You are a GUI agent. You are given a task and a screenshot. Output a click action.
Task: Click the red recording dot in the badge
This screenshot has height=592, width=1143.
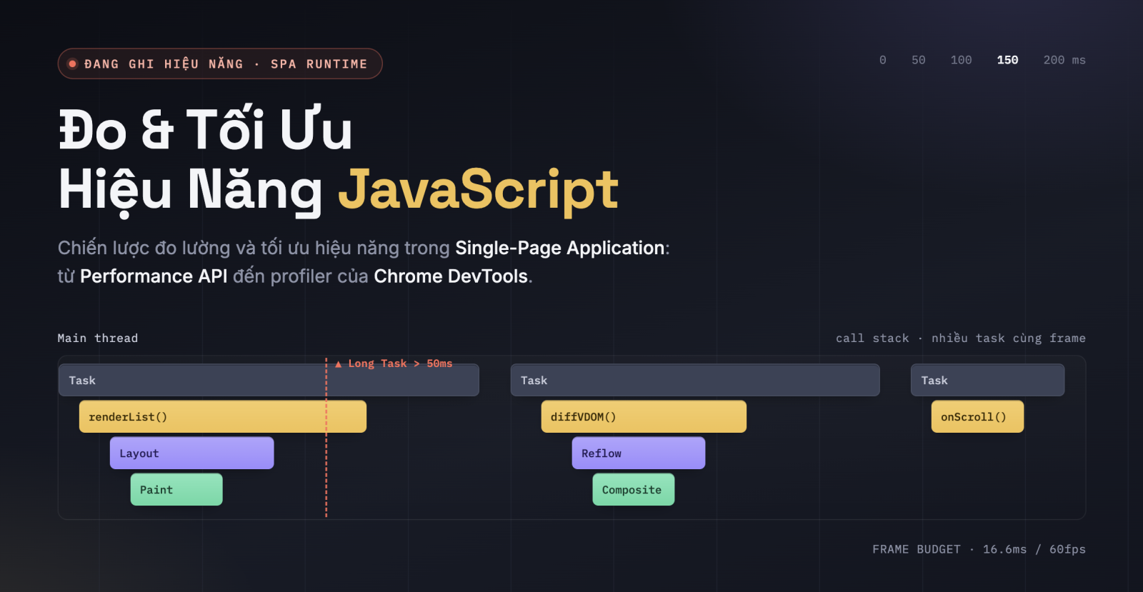72,64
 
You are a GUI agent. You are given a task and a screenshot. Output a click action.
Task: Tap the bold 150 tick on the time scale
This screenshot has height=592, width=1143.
1007,60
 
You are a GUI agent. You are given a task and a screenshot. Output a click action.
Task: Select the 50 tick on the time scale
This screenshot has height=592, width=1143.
919,60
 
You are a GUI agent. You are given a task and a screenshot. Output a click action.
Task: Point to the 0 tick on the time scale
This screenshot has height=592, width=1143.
883,60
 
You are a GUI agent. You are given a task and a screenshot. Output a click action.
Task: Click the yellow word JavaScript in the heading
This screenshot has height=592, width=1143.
478,191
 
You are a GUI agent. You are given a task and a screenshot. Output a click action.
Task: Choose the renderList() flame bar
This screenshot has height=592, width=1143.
222,416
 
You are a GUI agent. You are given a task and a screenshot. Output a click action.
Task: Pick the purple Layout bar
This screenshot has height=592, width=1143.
192,453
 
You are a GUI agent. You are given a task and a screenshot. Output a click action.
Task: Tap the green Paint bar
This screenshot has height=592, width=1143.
176,489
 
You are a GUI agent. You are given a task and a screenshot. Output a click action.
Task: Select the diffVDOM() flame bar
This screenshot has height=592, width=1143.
644,416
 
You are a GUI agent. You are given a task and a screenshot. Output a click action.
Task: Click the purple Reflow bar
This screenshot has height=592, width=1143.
639,453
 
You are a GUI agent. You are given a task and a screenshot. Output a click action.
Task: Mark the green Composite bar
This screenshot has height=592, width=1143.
634,489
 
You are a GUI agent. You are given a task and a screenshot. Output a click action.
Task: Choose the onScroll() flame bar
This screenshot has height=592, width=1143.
978,416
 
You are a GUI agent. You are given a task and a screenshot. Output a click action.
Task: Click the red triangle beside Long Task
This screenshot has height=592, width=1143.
339,364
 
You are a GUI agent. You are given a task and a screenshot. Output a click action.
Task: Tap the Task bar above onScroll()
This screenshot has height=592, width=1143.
988,380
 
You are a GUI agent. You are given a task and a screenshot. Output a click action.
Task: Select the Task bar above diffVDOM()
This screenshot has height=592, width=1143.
695,380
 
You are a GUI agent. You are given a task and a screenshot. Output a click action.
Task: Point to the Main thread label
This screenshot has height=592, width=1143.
97,338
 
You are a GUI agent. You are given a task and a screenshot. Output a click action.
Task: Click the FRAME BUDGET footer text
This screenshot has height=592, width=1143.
979,549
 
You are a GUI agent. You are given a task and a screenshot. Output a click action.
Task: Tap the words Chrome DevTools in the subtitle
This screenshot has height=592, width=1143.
451,276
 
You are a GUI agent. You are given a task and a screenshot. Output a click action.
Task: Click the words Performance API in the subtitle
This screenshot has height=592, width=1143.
154,276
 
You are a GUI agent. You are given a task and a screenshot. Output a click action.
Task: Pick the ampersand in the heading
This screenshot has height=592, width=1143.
157,130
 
